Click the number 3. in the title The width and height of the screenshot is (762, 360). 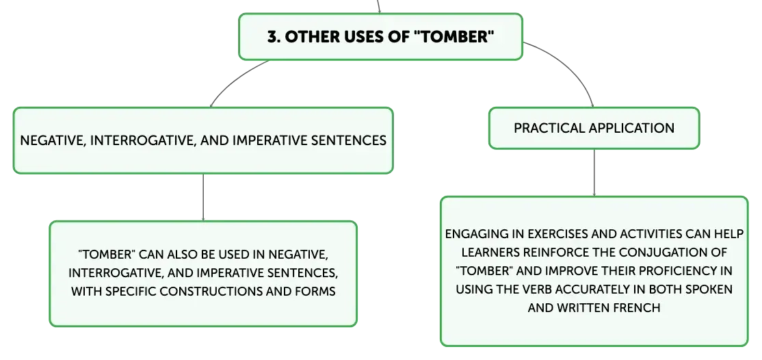pos(274,37)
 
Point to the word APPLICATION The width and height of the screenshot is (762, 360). pos(632,128)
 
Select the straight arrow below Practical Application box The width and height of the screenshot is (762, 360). pos(594,172)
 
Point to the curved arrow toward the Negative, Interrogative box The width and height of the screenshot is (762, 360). pos(235,79)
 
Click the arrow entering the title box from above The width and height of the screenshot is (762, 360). pos(378,6)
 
